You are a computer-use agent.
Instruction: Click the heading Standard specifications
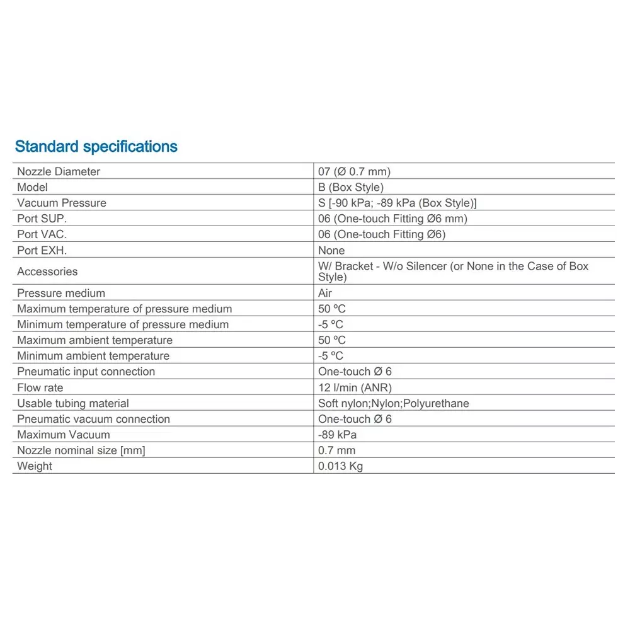(96, 147)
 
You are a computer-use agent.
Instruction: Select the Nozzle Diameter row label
(59, 171)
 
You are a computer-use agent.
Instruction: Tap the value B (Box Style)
(350, 187)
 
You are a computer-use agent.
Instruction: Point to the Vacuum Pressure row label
(62, 203)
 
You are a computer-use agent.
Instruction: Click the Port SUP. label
(42, 219)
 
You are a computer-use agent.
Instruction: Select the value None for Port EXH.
(331, 250)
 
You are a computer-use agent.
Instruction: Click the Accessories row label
(47, 272)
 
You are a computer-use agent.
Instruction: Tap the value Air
(325, 293)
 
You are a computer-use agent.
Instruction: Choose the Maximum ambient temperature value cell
(332, 340)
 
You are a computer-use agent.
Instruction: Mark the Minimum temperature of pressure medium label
(123, 324)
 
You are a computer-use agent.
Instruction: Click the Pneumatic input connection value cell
(355, 372)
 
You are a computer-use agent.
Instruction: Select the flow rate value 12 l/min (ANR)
(355, 387)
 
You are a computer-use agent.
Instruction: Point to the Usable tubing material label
(73, 403)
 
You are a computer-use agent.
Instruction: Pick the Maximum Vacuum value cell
(337, 435)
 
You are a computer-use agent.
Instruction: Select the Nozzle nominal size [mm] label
(81, 450)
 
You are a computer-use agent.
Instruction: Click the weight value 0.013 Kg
(340, 466)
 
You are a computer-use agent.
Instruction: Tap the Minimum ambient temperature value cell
(331, 356)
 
